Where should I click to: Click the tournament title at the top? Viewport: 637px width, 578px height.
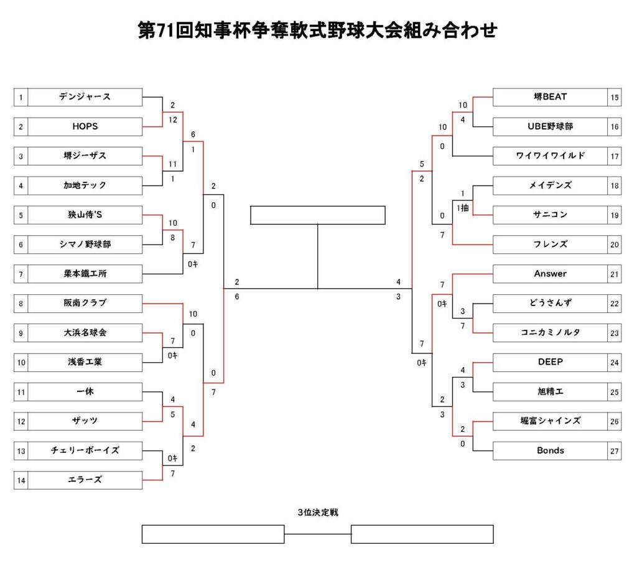[318, 30]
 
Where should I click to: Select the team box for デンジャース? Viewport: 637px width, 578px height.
[85, 97]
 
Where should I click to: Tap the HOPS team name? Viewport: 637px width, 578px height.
[85, 126]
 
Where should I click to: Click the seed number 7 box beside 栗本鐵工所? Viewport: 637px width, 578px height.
[21, 274]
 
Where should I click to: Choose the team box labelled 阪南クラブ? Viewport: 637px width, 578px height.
[85, 304]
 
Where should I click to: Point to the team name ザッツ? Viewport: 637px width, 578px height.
[85, 421]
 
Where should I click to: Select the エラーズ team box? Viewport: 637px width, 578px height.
[85, 480]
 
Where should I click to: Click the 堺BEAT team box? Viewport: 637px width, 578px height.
[550, 97]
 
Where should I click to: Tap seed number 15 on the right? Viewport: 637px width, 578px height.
[614, 97]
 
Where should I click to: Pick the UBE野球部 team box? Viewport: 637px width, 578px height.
[550, 127]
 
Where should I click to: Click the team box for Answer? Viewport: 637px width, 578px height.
[550, 274]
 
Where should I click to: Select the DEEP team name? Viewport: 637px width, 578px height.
[551, 362]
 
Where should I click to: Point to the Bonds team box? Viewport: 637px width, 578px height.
[550, 451]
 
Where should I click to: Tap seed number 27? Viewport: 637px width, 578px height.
[614, 451]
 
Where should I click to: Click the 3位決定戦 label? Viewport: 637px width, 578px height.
[318, 512]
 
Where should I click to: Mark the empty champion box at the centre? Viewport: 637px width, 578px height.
[318, 215]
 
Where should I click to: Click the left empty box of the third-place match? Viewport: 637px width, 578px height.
[213, 534]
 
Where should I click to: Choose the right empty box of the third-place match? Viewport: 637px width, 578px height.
[422, 534]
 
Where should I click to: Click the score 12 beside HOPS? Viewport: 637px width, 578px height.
[173, 120]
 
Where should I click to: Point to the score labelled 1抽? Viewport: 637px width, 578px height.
[463, 208]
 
